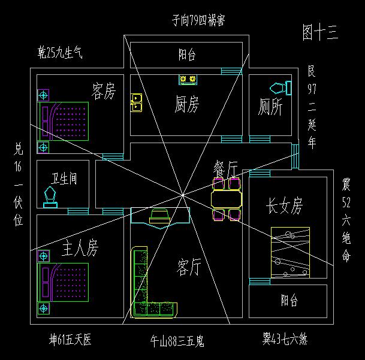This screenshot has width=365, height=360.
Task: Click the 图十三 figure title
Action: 321,34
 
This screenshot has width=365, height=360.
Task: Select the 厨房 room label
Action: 186,105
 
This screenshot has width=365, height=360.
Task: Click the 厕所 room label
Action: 270,107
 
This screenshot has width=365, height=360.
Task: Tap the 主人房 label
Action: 80,247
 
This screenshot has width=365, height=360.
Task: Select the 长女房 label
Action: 285,207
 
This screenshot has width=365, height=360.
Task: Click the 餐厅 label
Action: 226,168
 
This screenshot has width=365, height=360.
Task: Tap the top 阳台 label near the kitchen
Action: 187,55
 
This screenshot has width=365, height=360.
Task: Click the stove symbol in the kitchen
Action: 188,79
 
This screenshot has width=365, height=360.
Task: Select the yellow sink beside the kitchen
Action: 136,102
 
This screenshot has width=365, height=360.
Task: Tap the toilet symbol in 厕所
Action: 279,87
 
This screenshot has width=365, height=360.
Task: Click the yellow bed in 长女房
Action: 291,252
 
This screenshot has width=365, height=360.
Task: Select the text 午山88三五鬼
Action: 177,342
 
